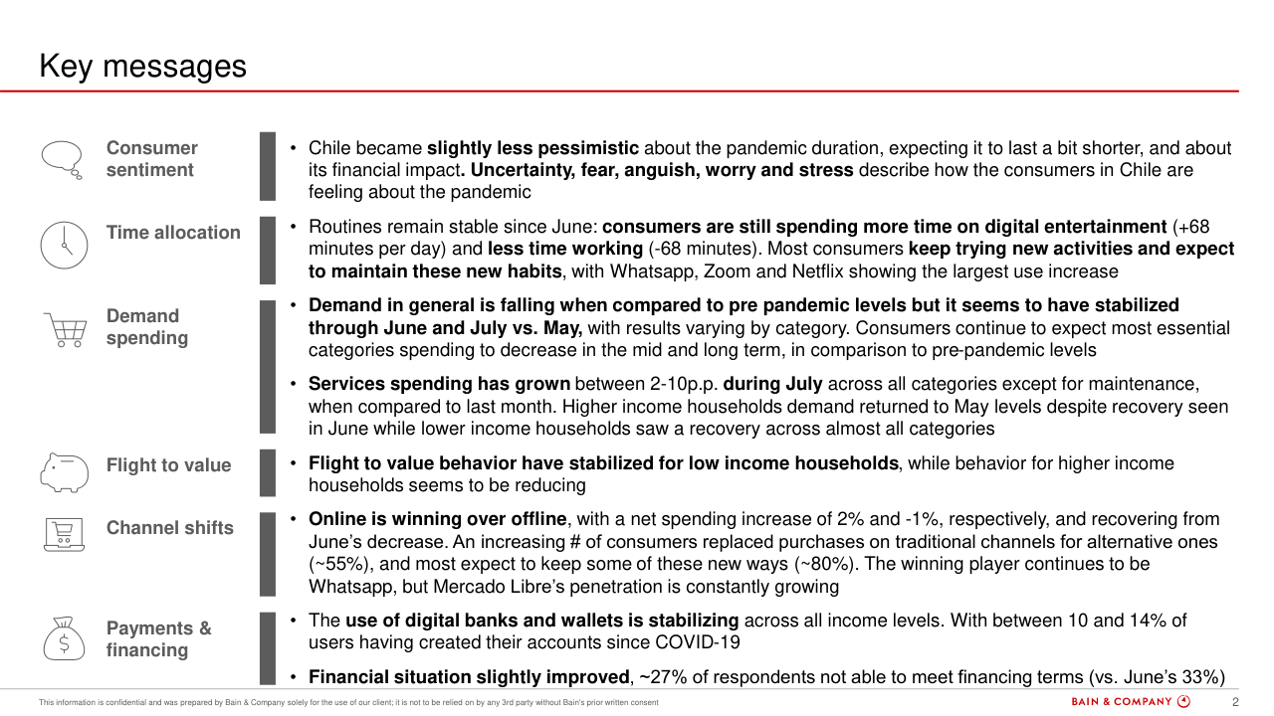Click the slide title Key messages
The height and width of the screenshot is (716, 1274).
[x=142, y=67]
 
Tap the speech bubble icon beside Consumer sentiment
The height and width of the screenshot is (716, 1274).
[x=62, y=158]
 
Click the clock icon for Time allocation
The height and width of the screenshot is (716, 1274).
[x=64, y=245]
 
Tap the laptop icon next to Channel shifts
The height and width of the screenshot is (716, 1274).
[x=64, y=534]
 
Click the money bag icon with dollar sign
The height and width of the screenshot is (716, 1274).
[x=64, y=637]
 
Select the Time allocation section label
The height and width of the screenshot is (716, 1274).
[x=173, y=233]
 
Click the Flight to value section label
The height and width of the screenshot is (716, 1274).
[x=168, y=465]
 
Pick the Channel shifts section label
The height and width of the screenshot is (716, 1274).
[x=169, y=528]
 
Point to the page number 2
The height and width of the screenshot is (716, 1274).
[x=1235, y=702]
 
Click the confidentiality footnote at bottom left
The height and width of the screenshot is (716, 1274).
[x=347, y=703]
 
